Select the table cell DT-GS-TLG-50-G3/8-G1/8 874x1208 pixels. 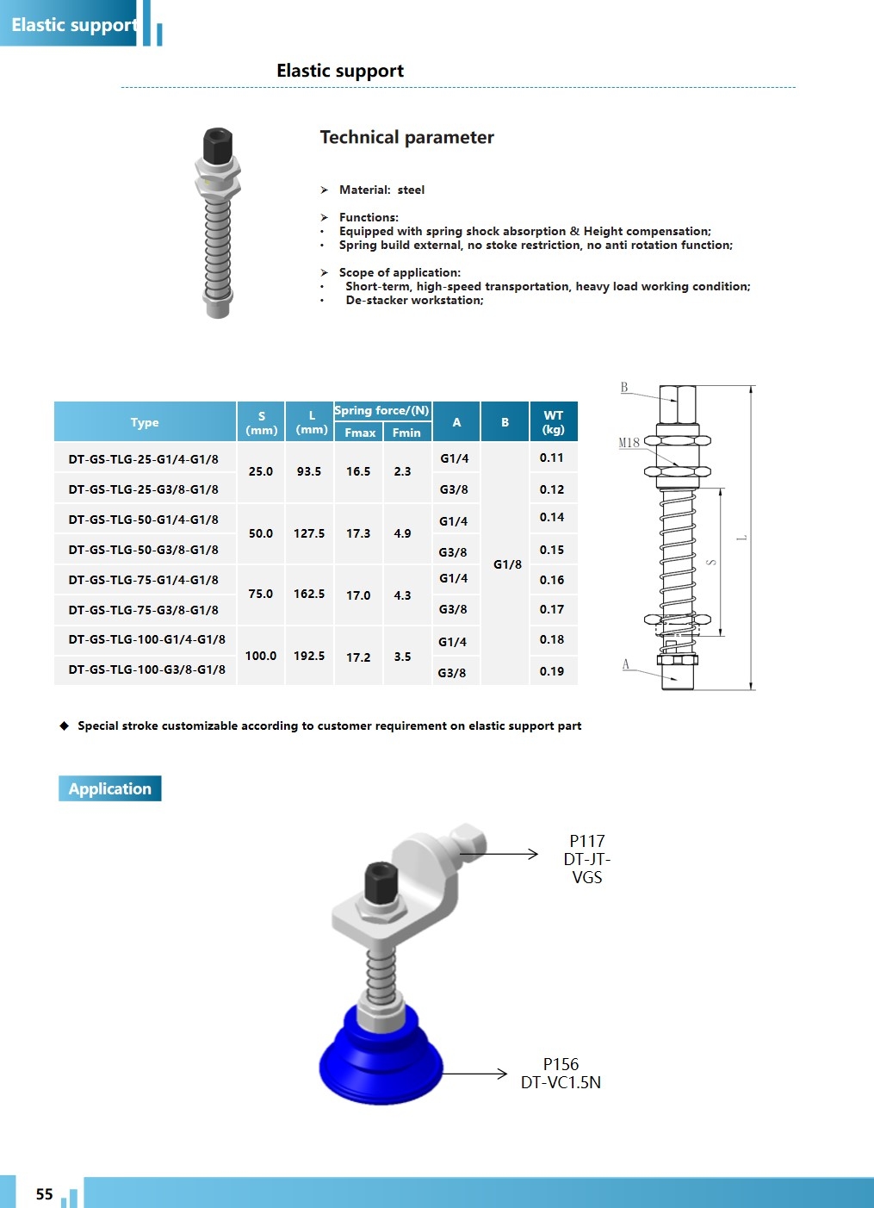point(144,550)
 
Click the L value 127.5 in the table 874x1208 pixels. point(309,533)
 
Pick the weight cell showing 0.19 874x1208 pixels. point(552,671)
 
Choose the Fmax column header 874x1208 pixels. point(360,433)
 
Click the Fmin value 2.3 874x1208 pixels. point(402,471)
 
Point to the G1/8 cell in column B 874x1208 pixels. point(507,564)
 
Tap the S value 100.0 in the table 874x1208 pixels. point(261,656)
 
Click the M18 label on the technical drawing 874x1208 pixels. point(629,443)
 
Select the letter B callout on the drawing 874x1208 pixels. point(624,388)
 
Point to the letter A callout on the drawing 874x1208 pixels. point(626,664)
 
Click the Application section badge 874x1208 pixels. point(110,788)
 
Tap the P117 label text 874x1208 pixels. point(587,841)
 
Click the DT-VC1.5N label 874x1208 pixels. point(561,1082)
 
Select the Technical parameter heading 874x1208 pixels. point(406,137)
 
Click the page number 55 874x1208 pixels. point(45,1194)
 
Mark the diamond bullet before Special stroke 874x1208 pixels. point(65,725)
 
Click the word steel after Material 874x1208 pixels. point(411,190)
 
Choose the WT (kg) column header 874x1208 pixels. point(553,422)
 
